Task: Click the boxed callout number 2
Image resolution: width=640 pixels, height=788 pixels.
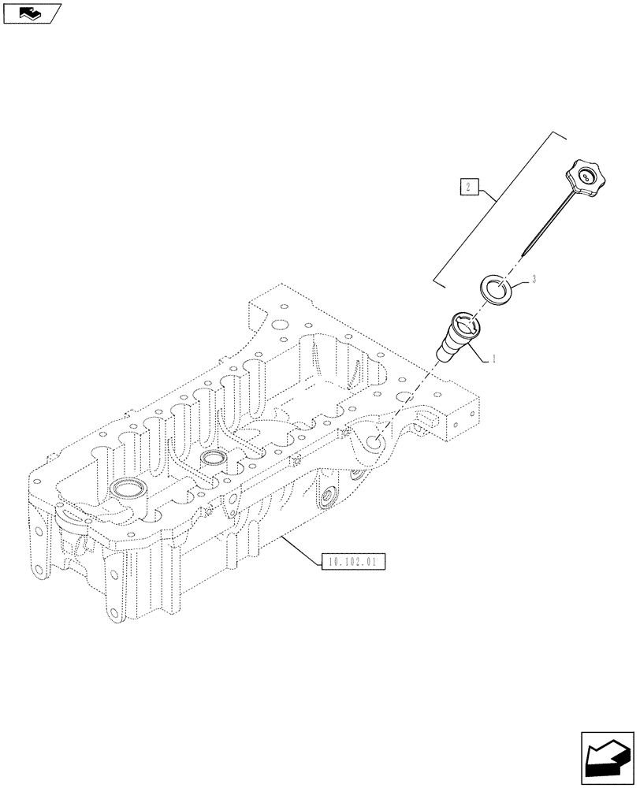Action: (x=468, y=188)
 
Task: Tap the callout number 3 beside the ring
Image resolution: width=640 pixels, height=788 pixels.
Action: (x=534, y=279)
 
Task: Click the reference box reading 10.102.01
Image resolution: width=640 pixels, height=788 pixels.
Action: (x=352, y=563)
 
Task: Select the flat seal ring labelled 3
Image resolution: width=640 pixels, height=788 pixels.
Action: (x=497, y=288)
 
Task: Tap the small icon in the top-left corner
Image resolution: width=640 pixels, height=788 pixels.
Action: (x=32, y=13)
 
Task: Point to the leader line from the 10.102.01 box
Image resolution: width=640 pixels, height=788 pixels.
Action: (x=300, y=548)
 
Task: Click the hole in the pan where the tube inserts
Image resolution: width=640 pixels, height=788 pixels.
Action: (x=374, y=444)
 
